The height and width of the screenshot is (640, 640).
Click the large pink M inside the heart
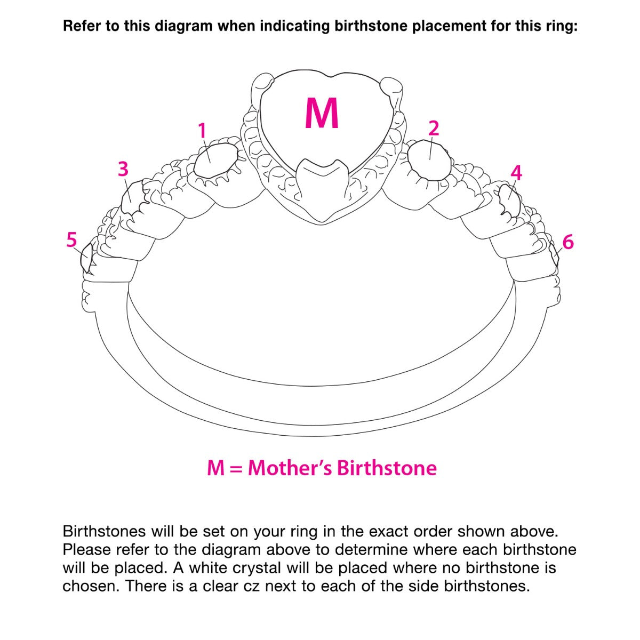coord(322,113)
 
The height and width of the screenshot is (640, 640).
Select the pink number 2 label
coord(434,128)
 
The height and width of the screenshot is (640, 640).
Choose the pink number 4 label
coord(516,173)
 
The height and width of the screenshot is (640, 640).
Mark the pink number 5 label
coord(71,239)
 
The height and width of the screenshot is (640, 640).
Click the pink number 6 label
coord(568,242)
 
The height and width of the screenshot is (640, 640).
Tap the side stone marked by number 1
coord(215,161)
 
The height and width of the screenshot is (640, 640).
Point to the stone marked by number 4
coord(509,199)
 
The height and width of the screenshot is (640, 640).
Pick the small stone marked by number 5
coord(86,258)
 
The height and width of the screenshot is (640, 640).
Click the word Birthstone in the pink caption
coord(387,468)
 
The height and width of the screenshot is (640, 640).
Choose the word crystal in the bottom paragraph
coord(257,567)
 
